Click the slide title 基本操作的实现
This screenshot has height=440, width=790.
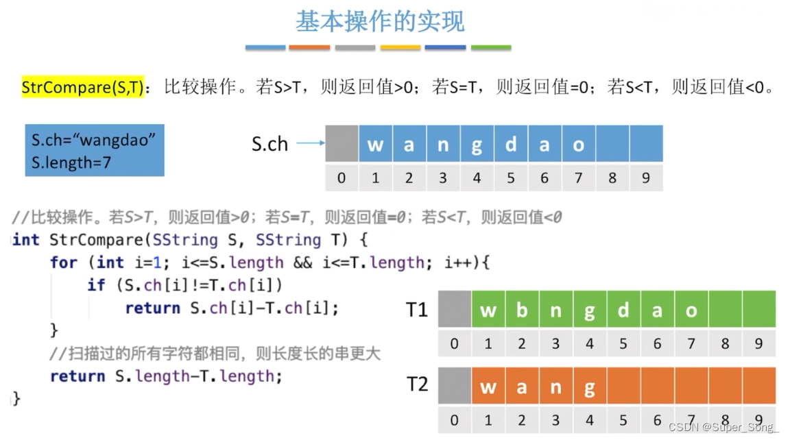pos(380,22)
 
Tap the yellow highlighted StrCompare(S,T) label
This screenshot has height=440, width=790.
pos(83,87)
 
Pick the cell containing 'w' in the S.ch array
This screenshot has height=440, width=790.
pos(375,144)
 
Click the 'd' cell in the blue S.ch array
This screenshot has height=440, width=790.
pos(510,144)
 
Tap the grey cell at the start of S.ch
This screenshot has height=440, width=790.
pos(342,144)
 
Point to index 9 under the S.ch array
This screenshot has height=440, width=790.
pos(645,179)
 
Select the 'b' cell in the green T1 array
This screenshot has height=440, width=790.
pos(522,310)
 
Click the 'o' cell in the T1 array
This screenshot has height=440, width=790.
pos(691,310)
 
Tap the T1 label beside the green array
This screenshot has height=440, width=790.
pos(417,310)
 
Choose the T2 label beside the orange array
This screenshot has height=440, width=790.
pos(417,384)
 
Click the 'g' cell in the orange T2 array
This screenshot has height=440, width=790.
pos(589,386)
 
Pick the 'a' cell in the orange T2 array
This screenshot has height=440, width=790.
pos(522,386)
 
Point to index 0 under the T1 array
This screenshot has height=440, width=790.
pos(454,344)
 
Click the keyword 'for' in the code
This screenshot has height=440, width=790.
pos(64,262)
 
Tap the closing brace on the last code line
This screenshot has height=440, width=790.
pos(16,399)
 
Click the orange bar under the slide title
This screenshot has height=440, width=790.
pos(309,48)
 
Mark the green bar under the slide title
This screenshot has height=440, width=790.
pos(491,48)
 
